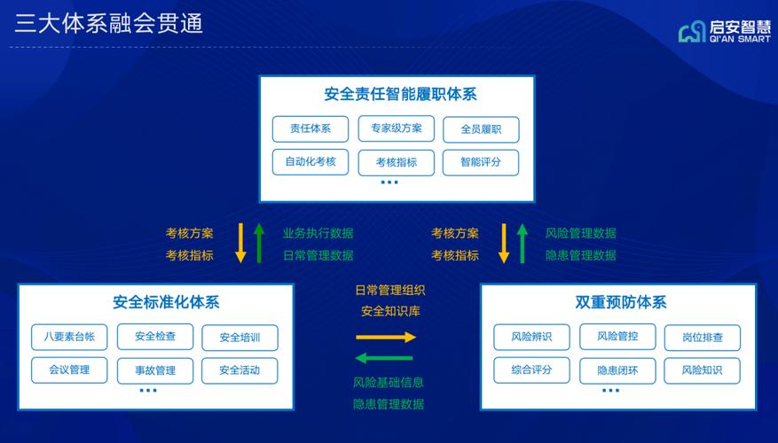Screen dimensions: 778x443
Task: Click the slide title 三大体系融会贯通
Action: (108, 24)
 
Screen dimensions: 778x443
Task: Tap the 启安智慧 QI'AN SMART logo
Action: (725, 32)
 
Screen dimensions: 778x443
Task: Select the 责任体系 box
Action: (310, 128)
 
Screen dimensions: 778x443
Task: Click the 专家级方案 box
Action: (396, 128)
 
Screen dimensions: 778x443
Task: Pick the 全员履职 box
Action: (481, 129)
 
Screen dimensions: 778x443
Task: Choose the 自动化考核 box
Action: (310, 162)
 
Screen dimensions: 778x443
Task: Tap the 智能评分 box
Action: (480, 162)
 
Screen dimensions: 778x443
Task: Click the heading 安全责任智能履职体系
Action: (400, 94)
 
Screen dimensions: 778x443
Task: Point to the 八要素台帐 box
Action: (69, 337)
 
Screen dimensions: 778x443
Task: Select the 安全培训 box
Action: (240, 338)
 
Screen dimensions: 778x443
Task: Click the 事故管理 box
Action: (155, 370)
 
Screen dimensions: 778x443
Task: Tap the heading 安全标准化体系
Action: (166, 302)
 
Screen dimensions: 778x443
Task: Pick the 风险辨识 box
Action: (531, 337)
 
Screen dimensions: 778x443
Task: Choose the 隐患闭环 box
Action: (617, 370)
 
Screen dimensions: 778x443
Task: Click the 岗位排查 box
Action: (702, 338)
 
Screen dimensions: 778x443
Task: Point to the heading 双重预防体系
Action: (621, 302)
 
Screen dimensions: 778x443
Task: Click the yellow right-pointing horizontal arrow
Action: (386, 338)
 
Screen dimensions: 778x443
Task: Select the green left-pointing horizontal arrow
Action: (384, 358)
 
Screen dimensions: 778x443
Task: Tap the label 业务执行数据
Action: (318, 233)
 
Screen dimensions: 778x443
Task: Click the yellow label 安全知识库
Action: (390, 311)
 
